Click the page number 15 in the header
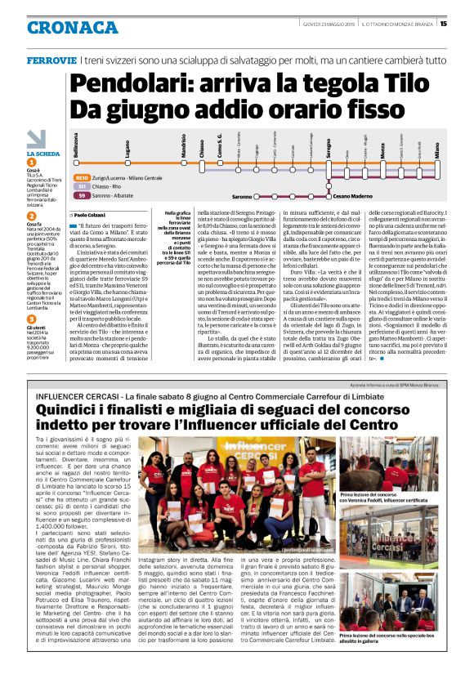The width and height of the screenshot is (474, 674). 466,24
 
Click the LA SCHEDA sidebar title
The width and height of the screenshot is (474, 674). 42,154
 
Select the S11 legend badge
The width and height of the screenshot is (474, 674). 82,186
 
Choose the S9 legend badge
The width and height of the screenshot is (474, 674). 82,196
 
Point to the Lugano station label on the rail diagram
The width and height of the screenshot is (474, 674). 105,149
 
